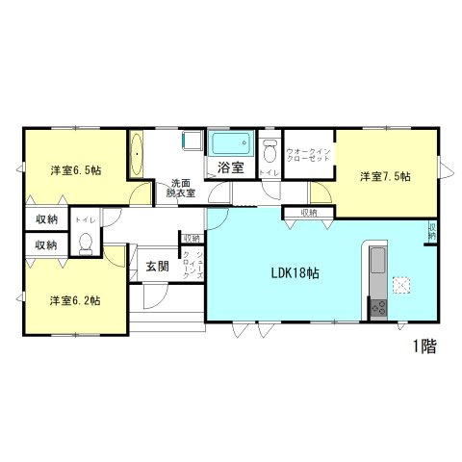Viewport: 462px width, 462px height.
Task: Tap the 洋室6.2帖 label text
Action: (x=76, y=300)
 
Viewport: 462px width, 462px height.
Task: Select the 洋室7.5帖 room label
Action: (x=386, y=176)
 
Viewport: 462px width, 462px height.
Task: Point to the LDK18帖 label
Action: (x=294, y=273)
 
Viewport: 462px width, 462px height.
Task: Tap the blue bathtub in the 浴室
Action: (x=231, y=145)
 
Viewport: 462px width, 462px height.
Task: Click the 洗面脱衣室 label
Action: (x=181, y=188)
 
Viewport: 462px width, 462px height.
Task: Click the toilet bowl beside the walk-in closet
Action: (x=270, y=151)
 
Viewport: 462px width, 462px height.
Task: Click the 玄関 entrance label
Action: (x=157, y=266)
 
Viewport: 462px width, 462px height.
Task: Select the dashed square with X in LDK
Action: (x=402, y=284)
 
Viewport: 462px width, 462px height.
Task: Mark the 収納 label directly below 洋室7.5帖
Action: (x=308, y=213)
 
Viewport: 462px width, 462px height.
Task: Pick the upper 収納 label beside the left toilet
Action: (x=45, y=219)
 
